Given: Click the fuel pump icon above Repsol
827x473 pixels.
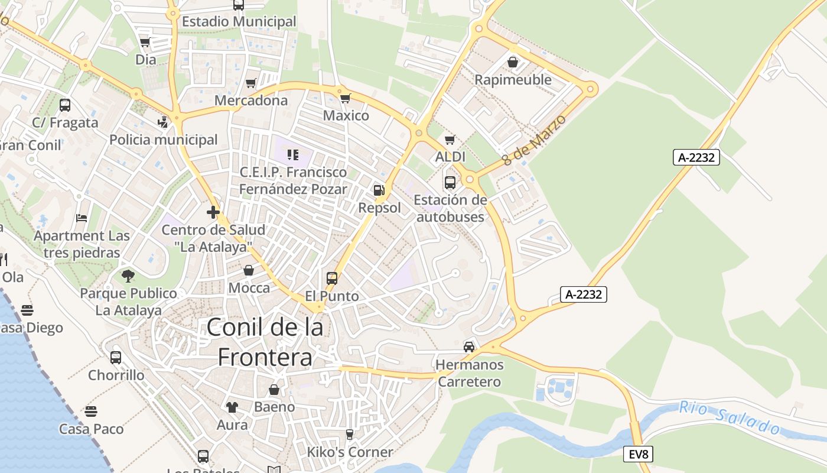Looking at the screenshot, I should [379, 190].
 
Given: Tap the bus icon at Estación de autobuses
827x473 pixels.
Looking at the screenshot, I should [450, 183].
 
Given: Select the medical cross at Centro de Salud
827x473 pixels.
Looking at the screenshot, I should [213, 212].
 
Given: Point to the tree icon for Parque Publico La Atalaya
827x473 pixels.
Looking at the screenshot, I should [128, 276].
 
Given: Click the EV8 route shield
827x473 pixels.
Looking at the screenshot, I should [639, 454].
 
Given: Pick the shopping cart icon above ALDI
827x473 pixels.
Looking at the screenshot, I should [450, 140].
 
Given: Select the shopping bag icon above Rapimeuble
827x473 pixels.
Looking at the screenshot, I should [513, 62].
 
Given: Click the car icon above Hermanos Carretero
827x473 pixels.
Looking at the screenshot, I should [469, 347].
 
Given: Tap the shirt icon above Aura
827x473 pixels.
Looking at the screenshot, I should [232, 407].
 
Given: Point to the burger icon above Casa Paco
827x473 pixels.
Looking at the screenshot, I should [91, 411].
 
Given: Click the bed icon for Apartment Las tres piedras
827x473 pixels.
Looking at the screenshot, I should [82, 218].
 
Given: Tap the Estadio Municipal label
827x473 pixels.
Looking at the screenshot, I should [239, 22].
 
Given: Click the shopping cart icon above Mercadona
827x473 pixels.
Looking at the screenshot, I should [251, 83].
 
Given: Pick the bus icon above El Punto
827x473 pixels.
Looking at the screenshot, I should [332, 278].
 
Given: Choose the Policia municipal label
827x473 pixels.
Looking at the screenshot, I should [164, 140].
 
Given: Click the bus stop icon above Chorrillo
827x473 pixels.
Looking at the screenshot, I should [116, 357].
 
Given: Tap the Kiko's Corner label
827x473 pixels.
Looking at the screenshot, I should [350, 452].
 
